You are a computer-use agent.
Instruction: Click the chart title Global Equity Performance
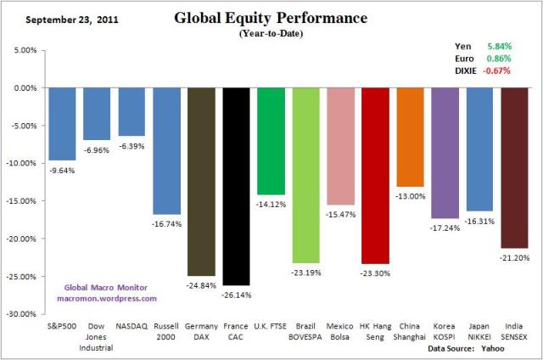pos(271,17)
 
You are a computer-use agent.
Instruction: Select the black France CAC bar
pos(237,186)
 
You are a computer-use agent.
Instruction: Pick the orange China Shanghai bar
pos(411,137)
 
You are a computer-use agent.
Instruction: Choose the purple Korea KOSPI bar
pos(445,153)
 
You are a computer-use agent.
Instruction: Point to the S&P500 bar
pos(63,124)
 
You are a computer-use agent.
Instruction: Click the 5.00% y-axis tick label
pos(25,50)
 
